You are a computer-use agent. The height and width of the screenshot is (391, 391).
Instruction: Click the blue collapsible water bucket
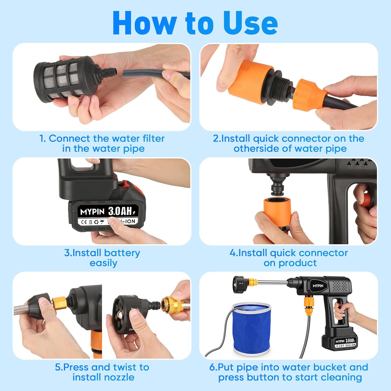pos(252,328)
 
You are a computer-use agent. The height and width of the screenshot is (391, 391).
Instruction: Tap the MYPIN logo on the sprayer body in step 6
pos(318,286)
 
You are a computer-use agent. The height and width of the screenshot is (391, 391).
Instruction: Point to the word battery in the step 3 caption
pos(122,253)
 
